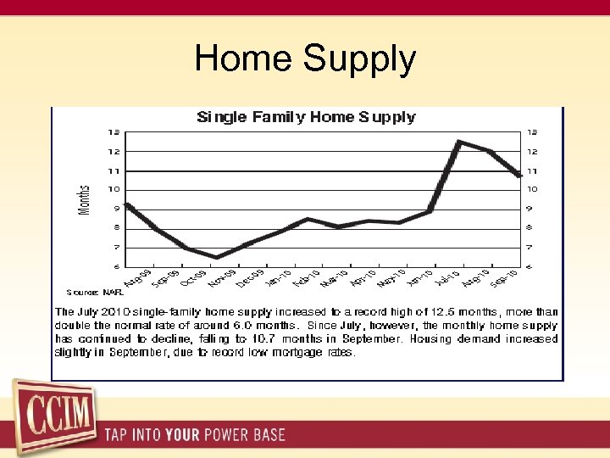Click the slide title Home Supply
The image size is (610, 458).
tap(305, 59)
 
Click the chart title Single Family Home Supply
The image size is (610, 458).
tap(306, 117)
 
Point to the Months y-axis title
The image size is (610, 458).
tap(85, 199)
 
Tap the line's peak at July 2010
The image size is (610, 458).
tap(459, 142)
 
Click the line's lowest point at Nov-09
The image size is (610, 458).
tap(217, 257)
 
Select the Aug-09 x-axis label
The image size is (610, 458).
tap(137, 277)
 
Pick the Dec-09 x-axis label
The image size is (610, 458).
tap(250, 277)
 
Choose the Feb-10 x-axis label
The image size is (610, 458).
tap(307, 277)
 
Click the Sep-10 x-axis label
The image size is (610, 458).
tap(505, 277)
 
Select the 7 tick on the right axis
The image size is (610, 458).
tap(529, 247)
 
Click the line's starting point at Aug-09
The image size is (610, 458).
tap(126, 204)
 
